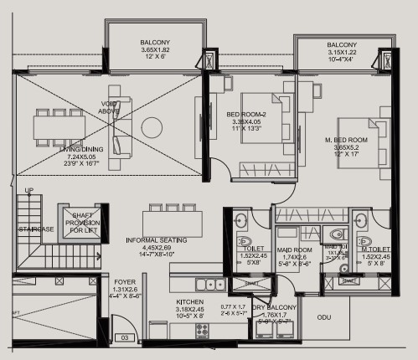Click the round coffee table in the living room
[x=152, y=127]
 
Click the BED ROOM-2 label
[x=247, y=115]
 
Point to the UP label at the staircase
[x=30, y=191]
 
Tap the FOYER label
[x=125, y=283]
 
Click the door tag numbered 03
[x=124, y=337]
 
